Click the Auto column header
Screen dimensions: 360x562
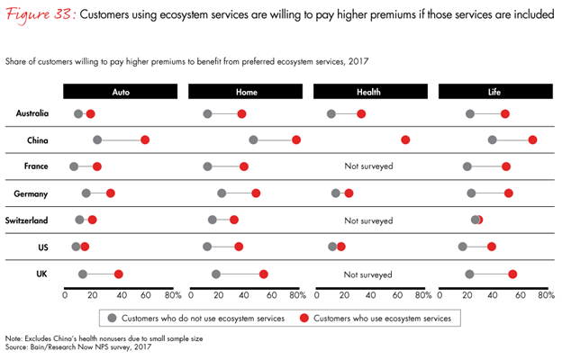tap(121, 91)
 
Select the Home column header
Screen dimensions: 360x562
tap(245, 91)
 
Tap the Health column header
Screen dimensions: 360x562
tap(369, 91)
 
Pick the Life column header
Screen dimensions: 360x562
tap(494, 91)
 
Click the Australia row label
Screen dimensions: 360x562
tap(32, 113)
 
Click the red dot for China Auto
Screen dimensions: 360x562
tap(145, 140)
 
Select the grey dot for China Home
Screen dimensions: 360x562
tap(253, 140)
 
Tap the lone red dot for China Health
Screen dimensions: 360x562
tap(405, 140)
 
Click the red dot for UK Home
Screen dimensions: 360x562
tap(264, 274)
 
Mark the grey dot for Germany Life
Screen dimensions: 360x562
tap(471, 193)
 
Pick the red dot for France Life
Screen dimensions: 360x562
tap(506, 166)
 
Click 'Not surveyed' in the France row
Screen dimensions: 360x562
tap(369, 166)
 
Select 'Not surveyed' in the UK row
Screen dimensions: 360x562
tap(369, 274)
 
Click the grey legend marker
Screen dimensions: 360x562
tap(112, 318)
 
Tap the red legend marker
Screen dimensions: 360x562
tap(305, 318)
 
